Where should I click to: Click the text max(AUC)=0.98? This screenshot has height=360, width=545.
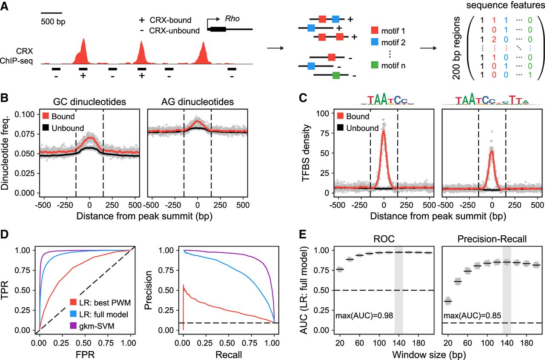click(364, 316)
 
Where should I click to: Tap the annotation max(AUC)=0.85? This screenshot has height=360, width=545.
click(472, 316)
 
